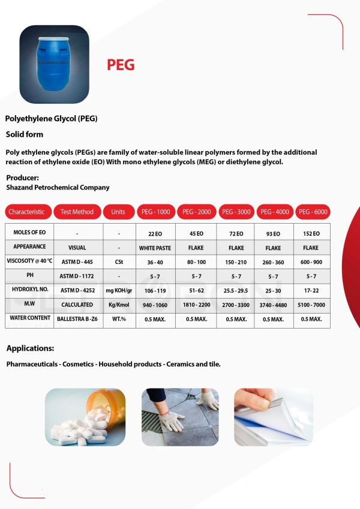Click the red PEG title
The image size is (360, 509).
(121, 65)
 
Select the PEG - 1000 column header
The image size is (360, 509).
(155, 212)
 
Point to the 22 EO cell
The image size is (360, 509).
(155, 233)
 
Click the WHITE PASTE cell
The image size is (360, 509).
(155, 248)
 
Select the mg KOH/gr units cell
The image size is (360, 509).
(118, 290)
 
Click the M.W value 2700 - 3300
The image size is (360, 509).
(236, 305)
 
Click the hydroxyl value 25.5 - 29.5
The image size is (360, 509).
(236, 290)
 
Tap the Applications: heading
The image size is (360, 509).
(30, 348)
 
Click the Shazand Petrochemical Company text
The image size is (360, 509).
(58, 188)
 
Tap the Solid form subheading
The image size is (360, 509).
(25, 134)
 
